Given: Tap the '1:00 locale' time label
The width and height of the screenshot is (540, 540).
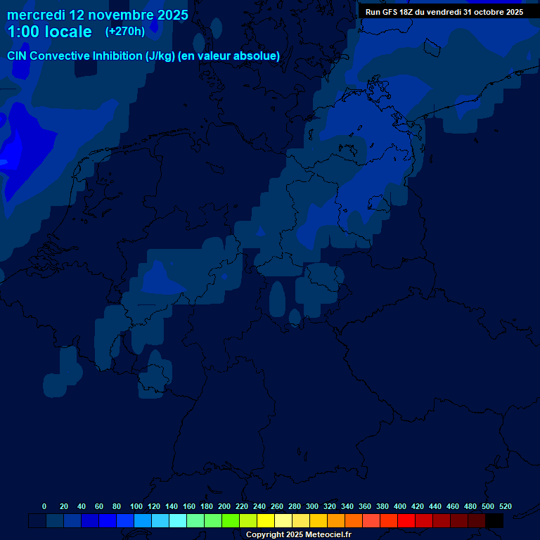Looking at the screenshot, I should click(49, 32).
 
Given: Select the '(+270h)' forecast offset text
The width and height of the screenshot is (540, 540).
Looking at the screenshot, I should click(125, 31).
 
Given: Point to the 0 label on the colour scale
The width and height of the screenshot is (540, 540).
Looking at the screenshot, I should click(44, 507).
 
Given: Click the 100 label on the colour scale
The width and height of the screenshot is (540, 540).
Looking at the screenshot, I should click(136, 507).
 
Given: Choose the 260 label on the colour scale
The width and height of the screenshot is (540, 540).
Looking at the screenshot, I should click(277, 507).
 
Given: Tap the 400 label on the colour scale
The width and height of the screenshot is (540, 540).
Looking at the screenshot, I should click(400, 507).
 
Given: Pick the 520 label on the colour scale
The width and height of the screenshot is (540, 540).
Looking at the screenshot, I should click(506, 507).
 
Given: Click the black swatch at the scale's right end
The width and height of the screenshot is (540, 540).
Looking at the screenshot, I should click(494, 521).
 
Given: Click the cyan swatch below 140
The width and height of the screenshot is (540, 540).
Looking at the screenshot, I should click(178, 521).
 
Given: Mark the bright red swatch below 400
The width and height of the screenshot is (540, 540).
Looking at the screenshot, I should click(406, 521).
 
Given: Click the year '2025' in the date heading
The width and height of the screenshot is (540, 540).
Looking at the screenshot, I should click(168, 15).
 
